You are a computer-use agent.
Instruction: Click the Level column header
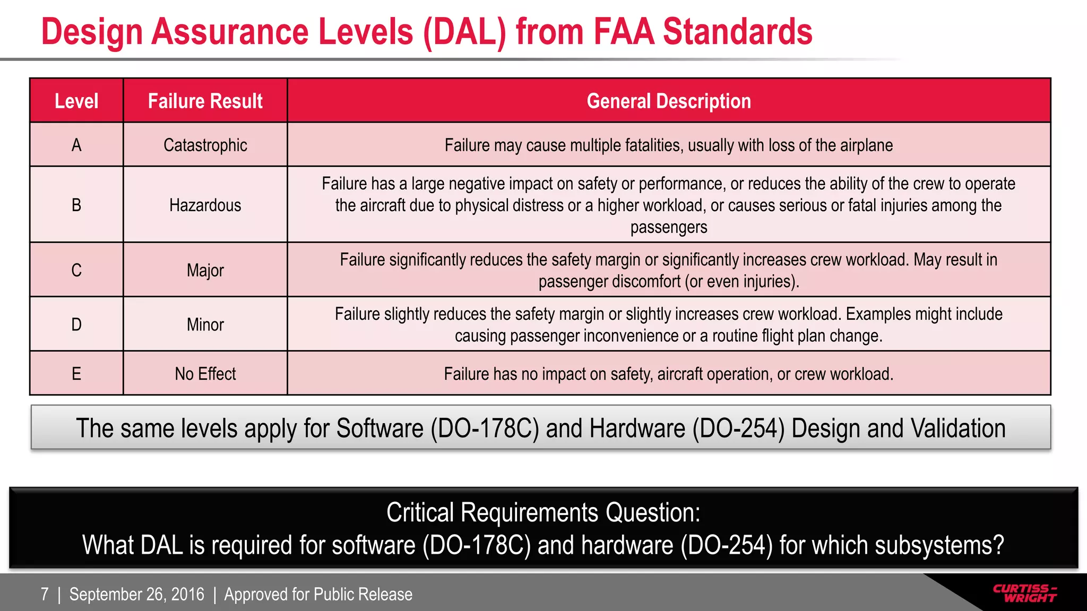click(x=76, y=101)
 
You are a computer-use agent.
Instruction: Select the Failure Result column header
click(x=205, y=101)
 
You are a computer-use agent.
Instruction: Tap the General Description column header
click(x=669, y=101)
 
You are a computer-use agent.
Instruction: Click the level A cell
click(x=76, y=145)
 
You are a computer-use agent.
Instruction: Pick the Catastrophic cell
click(x=205, y=145)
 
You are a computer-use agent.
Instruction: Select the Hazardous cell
click(x=205, y=205)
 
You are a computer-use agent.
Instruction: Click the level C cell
click(x=76, y=270)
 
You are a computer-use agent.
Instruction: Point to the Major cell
click(x=205, y=270)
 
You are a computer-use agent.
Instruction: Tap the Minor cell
click(x=205, y=325)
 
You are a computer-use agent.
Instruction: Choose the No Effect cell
click(x=205, y=374)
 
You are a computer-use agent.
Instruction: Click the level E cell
click(x=76, y=374)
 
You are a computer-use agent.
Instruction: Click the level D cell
click(x=76, y=325)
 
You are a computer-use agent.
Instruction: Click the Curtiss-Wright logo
click(x=1025, y=593)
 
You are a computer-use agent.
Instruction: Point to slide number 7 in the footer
click(x=45, y=594)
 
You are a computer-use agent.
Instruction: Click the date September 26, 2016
click(x=136, y=594)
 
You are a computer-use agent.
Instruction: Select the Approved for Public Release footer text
click(x=318, y=594)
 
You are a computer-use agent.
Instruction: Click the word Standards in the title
click(x=737, y=32)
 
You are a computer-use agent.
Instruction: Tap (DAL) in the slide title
click(x=464, y=32)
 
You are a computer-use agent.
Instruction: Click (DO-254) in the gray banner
click(x=738, y=429)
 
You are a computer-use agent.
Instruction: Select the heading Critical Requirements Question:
click(x=543, y=512)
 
